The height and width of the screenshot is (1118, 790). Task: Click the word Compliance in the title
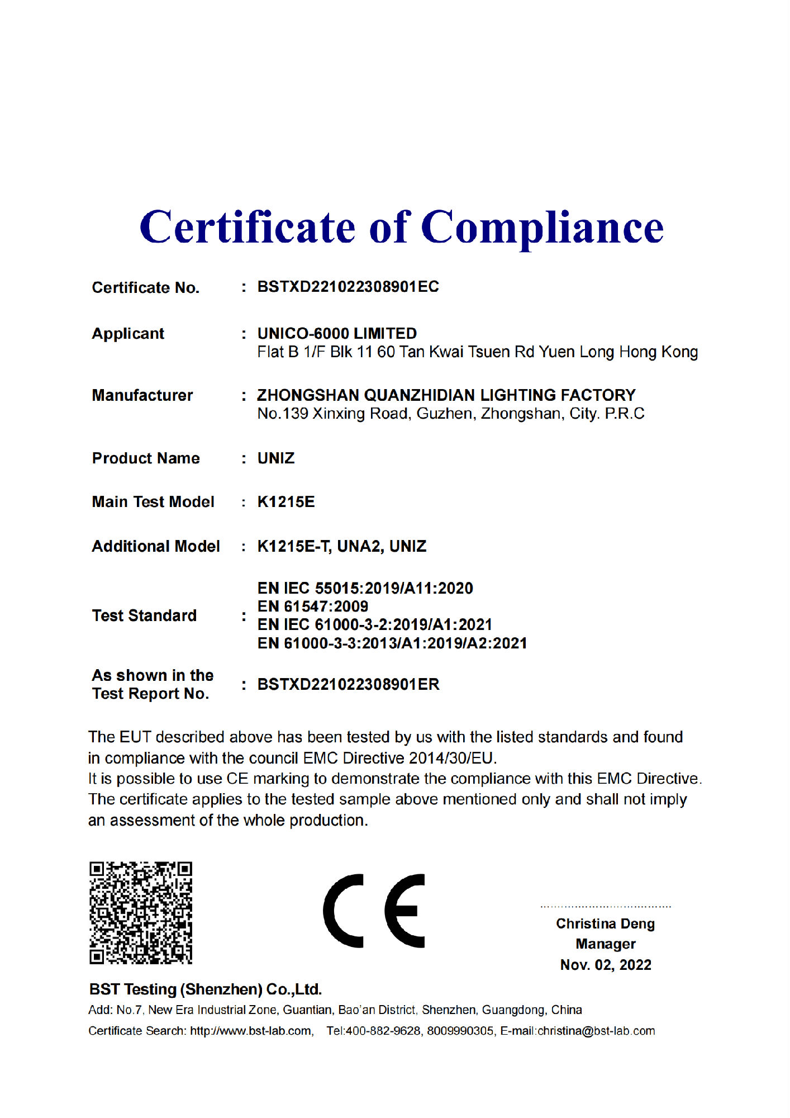[x=542, y=228]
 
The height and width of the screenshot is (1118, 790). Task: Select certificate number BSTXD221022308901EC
[x=348, y=287]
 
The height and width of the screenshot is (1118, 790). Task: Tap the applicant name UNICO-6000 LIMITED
[x=337, y=334]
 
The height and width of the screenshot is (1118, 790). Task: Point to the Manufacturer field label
[x=142, y=395]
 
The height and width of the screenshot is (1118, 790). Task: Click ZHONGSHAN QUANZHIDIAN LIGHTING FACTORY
[x=446, y=395]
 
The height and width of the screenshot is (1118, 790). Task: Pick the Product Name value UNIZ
[x=275, y=458]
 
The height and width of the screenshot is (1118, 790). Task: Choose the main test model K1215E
[x=285, y=502]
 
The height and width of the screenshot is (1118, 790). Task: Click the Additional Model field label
[x=155, y=546]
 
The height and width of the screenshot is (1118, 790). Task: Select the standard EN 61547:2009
[x=312, y=607]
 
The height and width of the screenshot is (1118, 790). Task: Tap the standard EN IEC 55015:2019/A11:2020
[x=365, y=588]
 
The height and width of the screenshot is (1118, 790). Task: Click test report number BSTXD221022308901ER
[x=348, y=684]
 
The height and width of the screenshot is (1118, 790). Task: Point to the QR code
[x=141, y=912]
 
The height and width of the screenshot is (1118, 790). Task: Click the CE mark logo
[x=374, y=911]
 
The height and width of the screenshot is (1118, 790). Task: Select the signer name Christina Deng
[x=605, y=923]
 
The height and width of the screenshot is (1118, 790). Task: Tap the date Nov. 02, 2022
[x=606, y=965]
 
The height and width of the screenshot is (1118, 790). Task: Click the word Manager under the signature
[x=606, y=944]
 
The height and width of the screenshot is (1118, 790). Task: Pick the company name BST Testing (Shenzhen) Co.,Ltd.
[x=205, y=989]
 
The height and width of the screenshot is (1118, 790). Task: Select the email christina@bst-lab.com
[x=596, y=1031]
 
